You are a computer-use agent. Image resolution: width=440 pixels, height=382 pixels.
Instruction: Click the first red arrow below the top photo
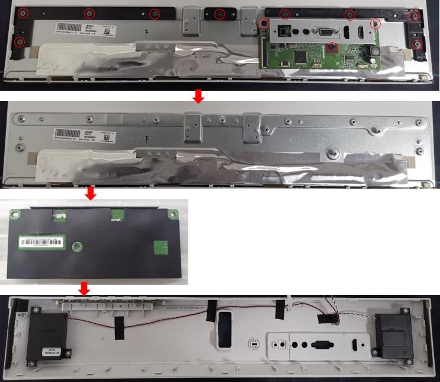198,97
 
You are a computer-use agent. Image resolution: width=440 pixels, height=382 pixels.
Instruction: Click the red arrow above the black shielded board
90,194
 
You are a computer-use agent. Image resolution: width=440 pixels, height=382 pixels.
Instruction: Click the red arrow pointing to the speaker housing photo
85,289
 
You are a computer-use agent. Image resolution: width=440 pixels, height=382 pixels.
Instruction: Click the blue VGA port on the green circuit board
325,33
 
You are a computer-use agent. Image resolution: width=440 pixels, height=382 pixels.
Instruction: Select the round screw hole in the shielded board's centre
76,246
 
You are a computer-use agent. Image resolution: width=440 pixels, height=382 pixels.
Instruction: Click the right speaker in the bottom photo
391,335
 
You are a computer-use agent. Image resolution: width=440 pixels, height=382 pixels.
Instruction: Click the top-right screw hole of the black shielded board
173,214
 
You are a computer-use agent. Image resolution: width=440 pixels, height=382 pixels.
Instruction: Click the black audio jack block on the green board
282,32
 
